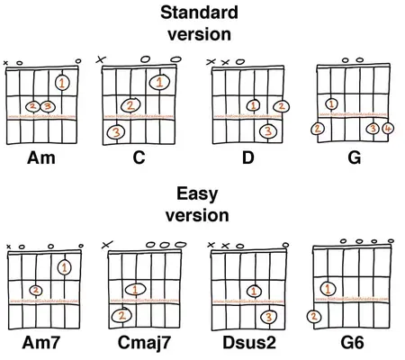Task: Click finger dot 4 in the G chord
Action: tap(388, 129)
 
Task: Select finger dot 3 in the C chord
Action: tap(117, 133)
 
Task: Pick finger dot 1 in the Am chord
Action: tap(61, 84)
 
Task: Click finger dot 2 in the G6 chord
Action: tap(311, 316)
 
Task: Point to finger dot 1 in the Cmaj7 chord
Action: tap(137, 290)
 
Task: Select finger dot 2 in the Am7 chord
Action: tap(34, 290)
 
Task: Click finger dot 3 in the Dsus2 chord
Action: tap(267, 316)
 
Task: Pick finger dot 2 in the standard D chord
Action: tap(283, 107)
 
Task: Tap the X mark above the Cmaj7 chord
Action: tap(109, 243)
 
